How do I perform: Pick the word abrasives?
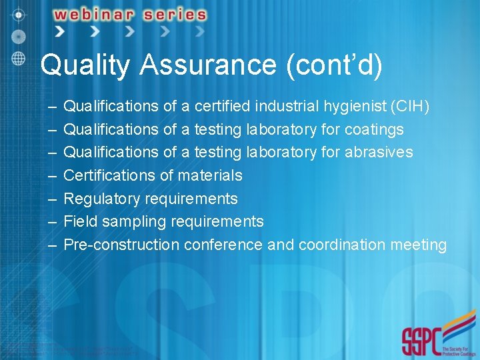coord(379,153)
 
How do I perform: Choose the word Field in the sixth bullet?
coord(78,221)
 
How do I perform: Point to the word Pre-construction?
coord(121,245)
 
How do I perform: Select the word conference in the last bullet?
coord(223,245)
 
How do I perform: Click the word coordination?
coord(340,245)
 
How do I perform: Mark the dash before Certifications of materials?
coord(52,176)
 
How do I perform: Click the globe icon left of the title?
coord(19,58)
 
